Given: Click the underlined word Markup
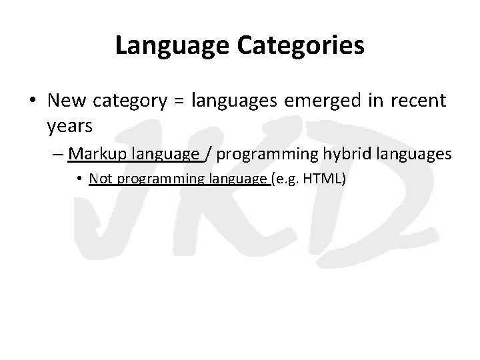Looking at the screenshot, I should click(x=98, y=154).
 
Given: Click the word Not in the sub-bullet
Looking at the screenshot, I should click(x=100, y=179).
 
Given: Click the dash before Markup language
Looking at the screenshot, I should click(x=57, y=155).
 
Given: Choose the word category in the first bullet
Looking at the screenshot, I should click(x=131, y=102).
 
